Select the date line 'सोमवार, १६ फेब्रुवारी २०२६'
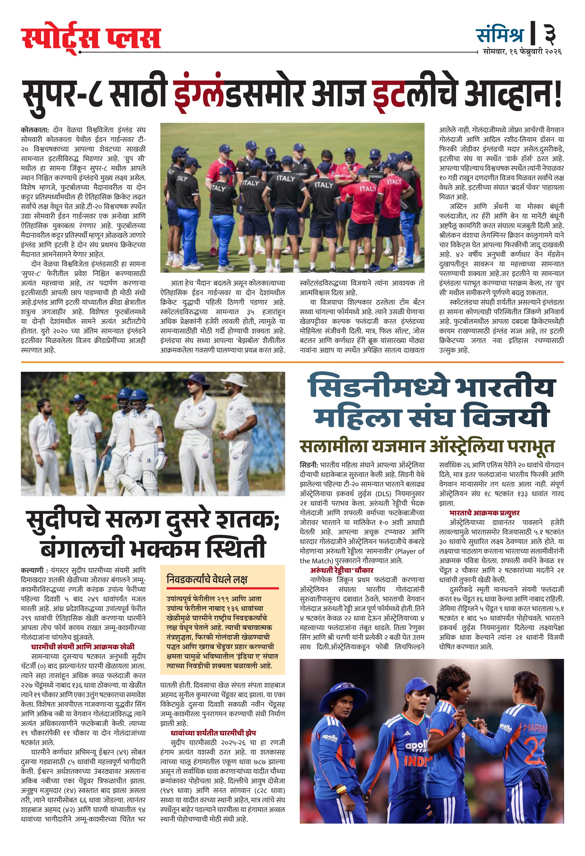tap(522, 52)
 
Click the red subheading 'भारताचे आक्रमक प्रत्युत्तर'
tap(484, 513)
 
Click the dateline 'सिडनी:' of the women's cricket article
tap(309, 465)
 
